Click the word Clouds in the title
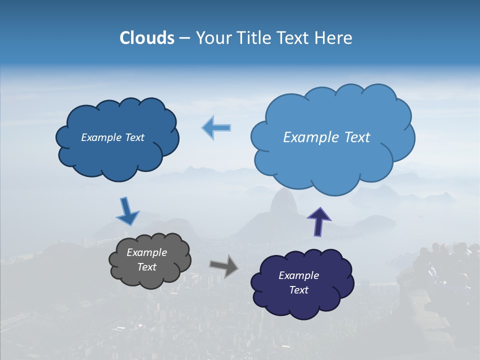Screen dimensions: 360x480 (x=147, y=38)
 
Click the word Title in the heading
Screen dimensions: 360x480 (x=252, y=38)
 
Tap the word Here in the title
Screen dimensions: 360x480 (x=333, y=38)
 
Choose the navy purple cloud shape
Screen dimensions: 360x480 (x=300, y=305)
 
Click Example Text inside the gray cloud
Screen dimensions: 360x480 (x=147, y=260)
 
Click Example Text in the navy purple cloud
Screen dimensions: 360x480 (x=299, y=282)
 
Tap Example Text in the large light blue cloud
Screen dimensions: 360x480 (x=326, y=137)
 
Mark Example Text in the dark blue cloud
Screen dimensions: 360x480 (x=112, y=137)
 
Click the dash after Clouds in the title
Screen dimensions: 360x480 (x=184, y=38)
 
